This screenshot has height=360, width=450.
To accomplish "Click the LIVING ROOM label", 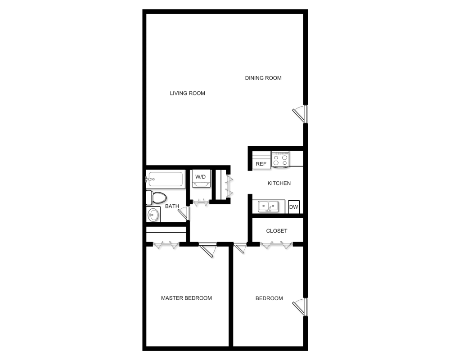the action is pos(187,93).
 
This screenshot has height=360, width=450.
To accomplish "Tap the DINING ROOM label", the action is pos(263,78).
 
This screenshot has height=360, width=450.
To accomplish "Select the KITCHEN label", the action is pos(279,183).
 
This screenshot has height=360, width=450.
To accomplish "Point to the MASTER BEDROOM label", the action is pos(186,298).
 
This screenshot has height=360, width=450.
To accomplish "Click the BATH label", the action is pos(172,206).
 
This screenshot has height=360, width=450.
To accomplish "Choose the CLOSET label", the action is pos(277,231).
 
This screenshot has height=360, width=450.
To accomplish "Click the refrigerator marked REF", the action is pos(261,160).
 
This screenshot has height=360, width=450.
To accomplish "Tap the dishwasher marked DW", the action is pos(293,207).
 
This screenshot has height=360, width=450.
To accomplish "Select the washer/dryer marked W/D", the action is pos(201,179).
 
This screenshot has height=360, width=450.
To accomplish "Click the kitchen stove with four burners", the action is pos(280,159).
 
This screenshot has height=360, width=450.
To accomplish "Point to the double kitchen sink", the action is pos(268,207).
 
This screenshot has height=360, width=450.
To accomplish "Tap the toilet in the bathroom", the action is pos(156,198).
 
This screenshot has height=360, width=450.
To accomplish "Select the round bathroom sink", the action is pos(153,214).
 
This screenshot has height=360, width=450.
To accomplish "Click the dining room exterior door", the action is pos(300,114).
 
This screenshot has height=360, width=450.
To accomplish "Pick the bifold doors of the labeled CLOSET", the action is pos(276,245).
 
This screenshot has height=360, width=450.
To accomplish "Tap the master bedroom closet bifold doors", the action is pos(166,245).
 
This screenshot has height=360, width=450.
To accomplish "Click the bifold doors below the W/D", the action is pos(201,202).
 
